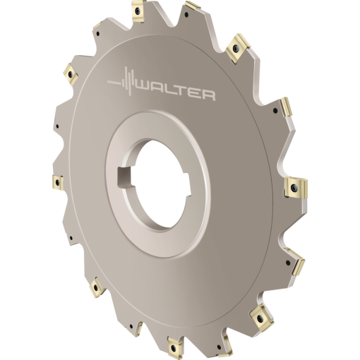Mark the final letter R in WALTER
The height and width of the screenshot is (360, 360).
click(x=209, y=96)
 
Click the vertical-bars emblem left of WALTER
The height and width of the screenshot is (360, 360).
click(x=122, y=81)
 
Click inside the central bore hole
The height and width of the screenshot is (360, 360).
click(x=161, y=184)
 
